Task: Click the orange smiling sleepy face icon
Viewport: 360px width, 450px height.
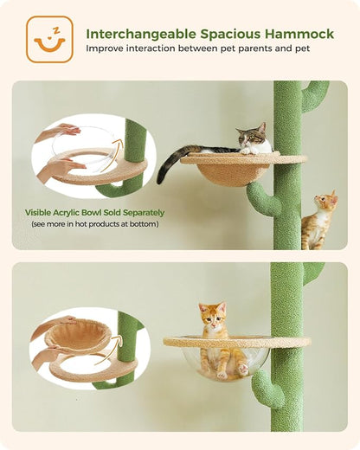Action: coord(49,39)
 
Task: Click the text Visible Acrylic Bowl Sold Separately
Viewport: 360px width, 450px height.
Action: coord(94,212)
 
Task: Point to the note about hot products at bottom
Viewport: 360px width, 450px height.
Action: coord(94,223)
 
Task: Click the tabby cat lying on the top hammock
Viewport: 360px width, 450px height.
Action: coord(247,141)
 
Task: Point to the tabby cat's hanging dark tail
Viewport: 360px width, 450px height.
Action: coord(173,164)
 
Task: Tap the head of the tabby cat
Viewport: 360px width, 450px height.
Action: coord(253,135)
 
